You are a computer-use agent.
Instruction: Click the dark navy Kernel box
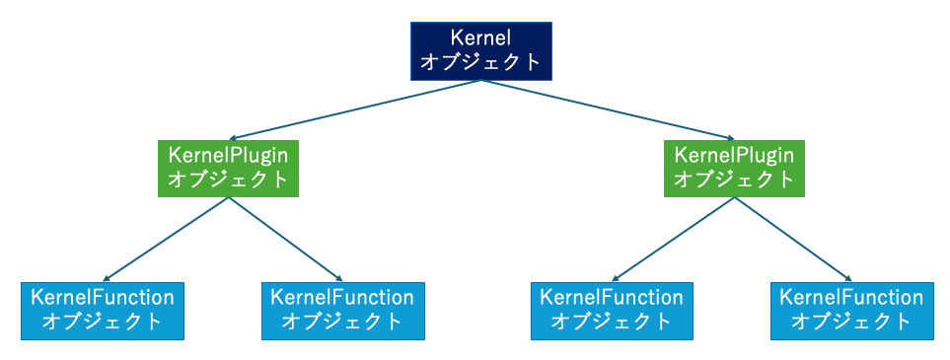coord(480,50)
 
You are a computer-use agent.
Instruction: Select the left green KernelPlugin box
coord(229,168)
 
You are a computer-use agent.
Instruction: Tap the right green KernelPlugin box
coord(733,168)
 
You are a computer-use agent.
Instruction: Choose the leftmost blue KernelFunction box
coord(103,311)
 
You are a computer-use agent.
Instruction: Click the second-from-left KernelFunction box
coord(342,311)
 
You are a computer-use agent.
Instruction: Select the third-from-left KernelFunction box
coord(612,311)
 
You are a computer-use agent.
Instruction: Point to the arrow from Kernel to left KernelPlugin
coord(355,109)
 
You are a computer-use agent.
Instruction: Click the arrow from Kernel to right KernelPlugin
coord(607,109)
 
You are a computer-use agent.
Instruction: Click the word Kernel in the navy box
coord(480,38)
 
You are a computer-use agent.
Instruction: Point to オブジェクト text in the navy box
coord(480,62)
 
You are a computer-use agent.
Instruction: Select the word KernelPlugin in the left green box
coord(229,156)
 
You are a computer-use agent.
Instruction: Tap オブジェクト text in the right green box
coord(733,180)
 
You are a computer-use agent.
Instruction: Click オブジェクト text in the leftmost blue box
coord(103,322)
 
